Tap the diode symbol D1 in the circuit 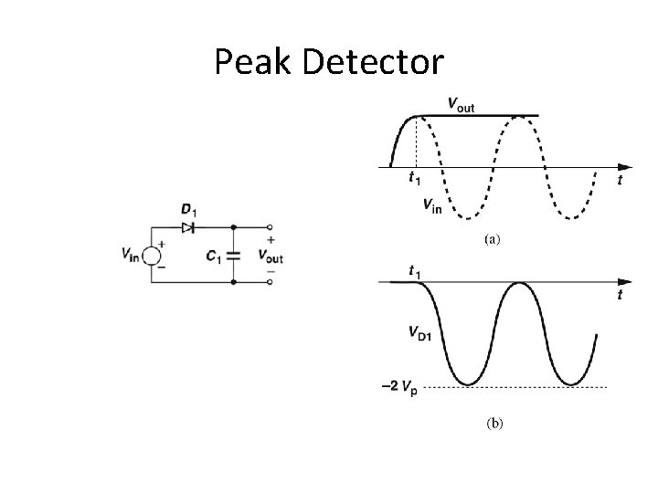click(x=188, y=227)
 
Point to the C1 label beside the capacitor click(x=214, y=257)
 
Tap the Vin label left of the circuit click(x=130, y=256)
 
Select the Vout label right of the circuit click(x=271, y=257)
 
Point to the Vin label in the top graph click(x=432, y=205)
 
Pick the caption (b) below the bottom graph click(x=493, y=424)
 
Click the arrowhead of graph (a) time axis click(x=624, y=167)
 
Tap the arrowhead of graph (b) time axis click(x=624, y=283)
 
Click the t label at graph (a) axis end click(x=620, y=181)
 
